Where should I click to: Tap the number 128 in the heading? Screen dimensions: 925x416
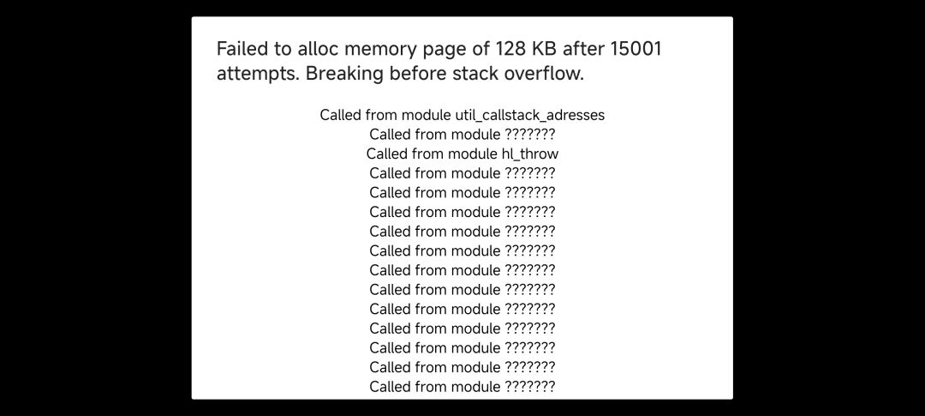[510, 48]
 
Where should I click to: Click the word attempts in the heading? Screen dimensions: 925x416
[258, 75]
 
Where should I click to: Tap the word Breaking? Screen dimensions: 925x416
[344, 75]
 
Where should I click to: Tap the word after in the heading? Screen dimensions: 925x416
[583, 48]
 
